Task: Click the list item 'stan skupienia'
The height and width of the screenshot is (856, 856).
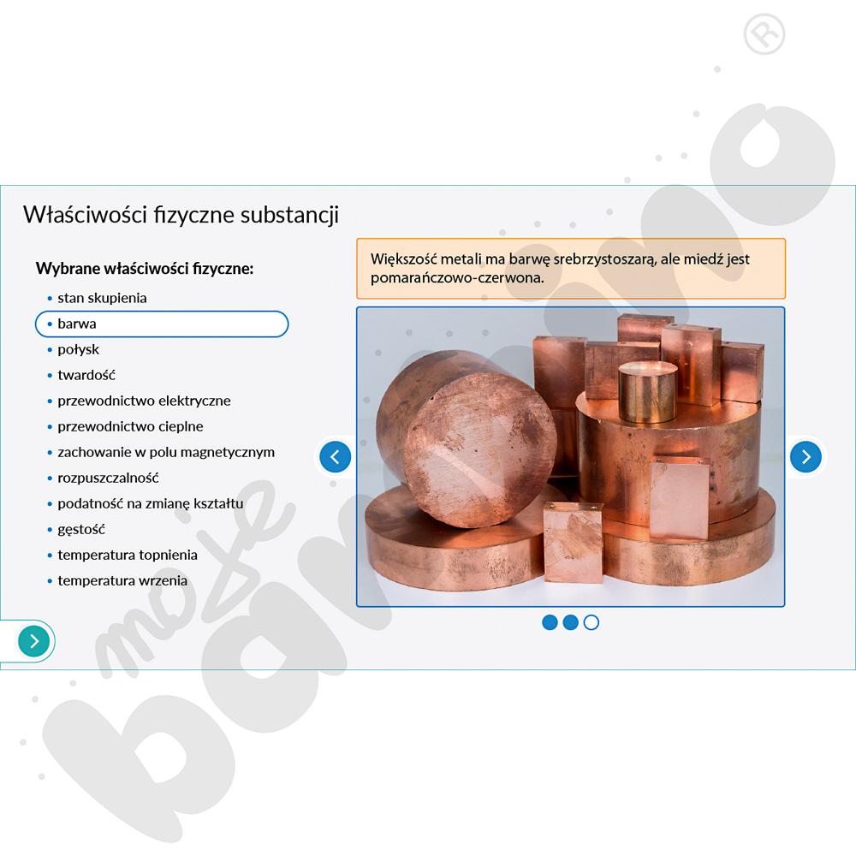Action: tap(102, 298)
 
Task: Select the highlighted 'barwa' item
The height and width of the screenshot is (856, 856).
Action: tap(162, 324)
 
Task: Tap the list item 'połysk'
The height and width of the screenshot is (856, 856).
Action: tap(79, 349)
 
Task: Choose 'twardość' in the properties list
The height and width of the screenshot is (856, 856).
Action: tap(86, 375)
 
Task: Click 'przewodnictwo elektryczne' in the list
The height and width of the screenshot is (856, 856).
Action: tap(144, 401)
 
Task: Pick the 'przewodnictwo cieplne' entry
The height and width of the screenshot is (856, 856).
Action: tap(130, 426)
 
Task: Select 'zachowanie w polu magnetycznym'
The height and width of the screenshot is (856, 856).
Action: tap(166, 452)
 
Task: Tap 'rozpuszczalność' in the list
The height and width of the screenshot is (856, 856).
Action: tap(108, 478)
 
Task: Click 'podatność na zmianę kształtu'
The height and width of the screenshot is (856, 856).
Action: tap(151, 503)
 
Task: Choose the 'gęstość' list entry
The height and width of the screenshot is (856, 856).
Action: tap(81, 530)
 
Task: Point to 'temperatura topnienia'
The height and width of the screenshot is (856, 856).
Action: tap(128, 555)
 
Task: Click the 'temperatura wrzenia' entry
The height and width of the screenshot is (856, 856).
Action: tap(122, 580)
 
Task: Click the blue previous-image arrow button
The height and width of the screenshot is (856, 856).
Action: tap(336, 456)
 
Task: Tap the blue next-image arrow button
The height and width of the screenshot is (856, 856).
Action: tap(805, 456)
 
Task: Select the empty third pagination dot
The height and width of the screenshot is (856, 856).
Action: tap(591, 622)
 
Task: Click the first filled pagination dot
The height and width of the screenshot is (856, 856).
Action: tap(550, 622)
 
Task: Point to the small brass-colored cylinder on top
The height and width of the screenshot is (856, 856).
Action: tap(647, 391)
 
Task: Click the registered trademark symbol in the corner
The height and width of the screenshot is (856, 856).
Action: tap(764, 34)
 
